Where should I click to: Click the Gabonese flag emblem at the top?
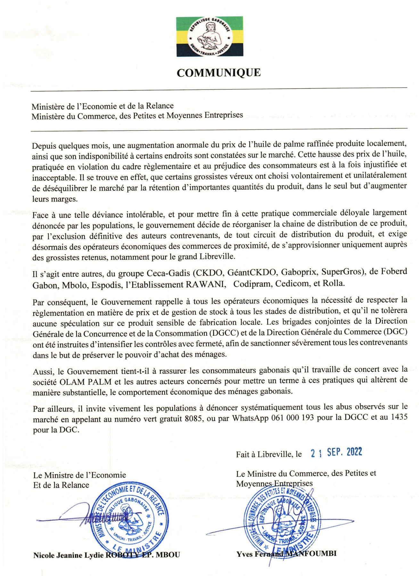pyautogui.click(x=209, y=36)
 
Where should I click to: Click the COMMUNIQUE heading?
pyautogui.click(x=218, y=73)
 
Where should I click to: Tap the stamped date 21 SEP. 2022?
pyautogui.click(x=336, y=452)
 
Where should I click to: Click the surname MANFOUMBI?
pyautogui.click(x=310, y=554)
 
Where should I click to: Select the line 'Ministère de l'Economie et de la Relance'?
pyautogui.click(x=103, y=106)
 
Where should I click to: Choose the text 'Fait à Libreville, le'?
pyautogui.click(x=269, y=454)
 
